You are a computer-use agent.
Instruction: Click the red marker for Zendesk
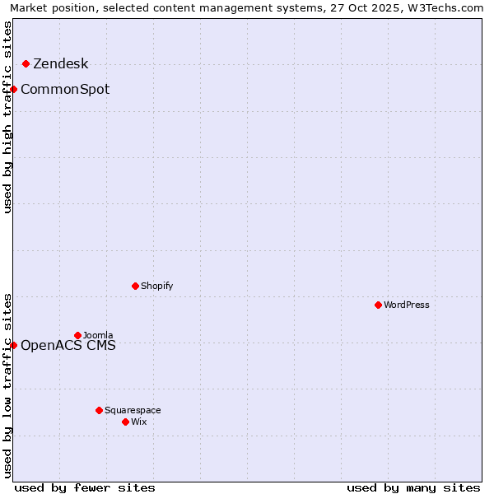[x=26, y=63]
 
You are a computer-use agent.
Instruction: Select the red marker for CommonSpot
[x=14, y=89]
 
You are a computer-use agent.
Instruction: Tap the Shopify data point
[x=135, y=286]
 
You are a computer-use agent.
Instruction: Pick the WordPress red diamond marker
[x=378, y=305]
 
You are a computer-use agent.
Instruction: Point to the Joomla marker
[x=77, y=335]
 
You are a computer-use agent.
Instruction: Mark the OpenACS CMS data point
[x=14, y=345]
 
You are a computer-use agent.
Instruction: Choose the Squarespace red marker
[x=99, y=410]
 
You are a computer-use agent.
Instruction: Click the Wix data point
[x=125, y=422]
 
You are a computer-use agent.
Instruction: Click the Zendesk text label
[x=60, y=64]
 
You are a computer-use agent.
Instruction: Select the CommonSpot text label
[x=65, y=90]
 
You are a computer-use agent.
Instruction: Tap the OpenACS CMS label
[x=68, y=346]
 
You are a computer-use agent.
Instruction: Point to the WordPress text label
[x=407, y=305]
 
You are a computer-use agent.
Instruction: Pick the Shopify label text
[x=156, y=287]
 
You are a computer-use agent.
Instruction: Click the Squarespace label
[x=133, y=411]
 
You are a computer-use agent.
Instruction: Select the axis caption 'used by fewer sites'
[x=85, y=487]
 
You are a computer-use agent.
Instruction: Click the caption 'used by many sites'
[x=413, y=487]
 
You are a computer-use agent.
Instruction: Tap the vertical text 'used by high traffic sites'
[x=8, y=116]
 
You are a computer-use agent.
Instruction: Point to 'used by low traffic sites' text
[x=8, y=384]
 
